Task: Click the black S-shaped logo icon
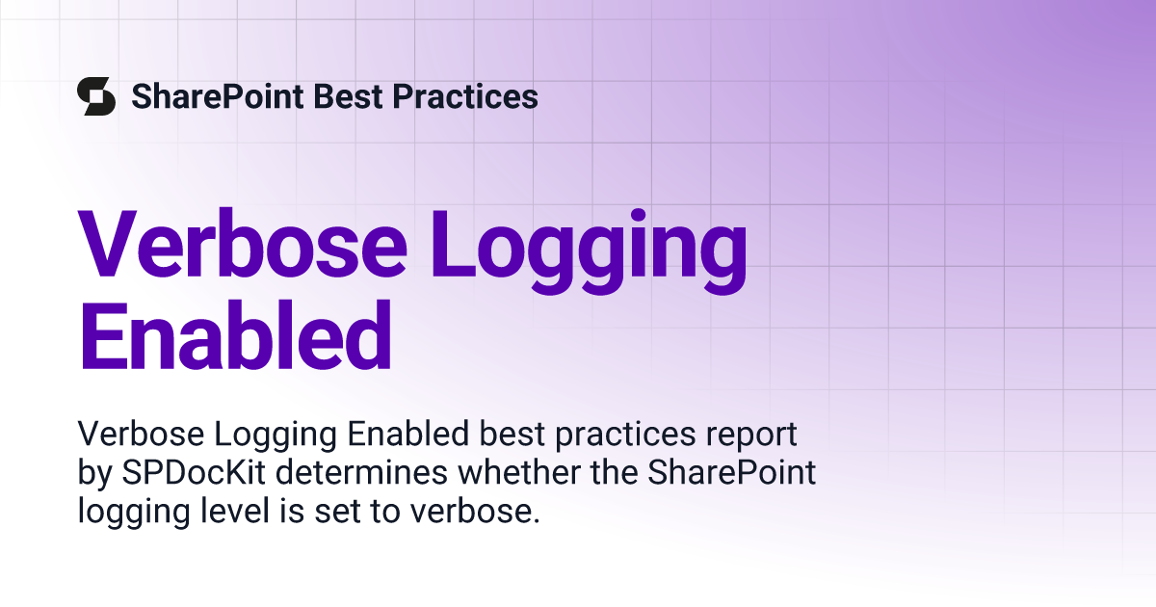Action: click(96, 96)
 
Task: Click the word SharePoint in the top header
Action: click(218, 97)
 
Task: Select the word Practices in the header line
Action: click(465, 96)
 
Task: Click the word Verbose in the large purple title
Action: click(243, 244)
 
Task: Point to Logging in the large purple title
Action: click(589, 251)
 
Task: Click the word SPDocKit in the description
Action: click(194, 472)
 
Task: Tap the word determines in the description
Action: click(361, 472)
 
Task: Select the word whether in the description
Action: click(518, 472)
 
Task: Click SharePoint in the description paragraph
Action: click(732, 472)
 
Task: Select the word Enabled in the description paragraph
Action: click(407, 433)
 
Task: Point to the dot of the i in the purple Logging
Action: click(639, 215)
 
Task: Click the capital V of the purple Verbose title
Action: click(107, 244)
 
